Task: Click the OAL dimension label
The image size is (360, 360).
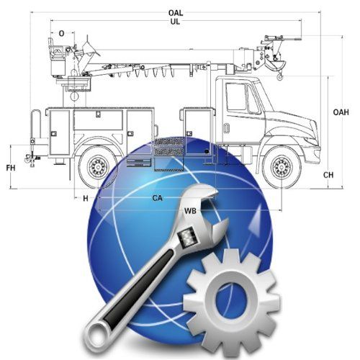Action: coord(176,13)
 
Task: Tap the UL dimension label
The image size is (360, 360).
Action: coord(175,22)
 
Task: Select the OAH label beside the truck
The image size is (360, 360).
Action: coord(341,112)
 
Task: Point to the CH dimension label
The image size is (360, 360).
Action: coord(328,175)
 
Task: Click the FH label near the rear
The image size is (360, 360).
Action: coord(11,168)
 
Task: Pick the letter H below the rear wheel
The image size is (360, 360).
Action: coord(86,199)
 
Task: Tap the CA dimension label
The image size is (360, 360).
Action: coord(158,198)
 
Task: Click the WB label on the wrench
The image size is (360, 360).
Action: coord(190,211)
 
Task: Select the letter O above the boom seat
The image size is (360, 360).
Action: coord(62,34)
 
